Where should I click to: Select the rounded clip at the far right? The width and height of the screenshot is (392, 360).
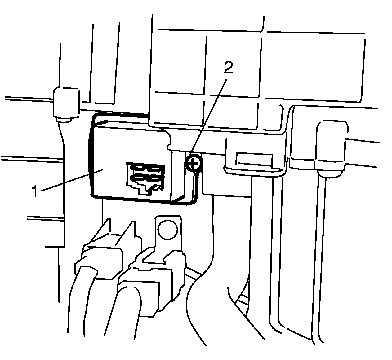(331, 146)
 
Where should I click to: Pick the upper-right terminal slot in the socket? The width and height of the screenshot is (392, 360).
(154, 169)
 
